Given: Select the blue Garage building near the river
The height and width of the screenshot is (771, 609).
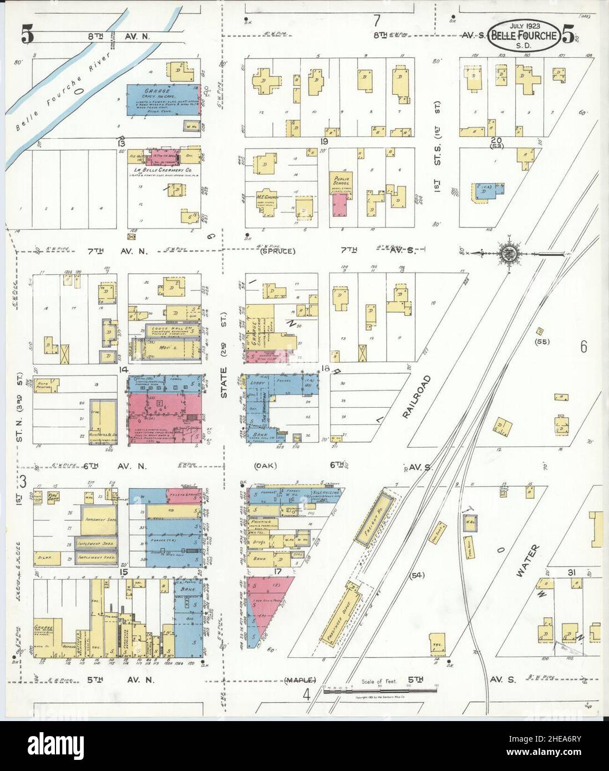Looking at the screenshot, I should [158, 100].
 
